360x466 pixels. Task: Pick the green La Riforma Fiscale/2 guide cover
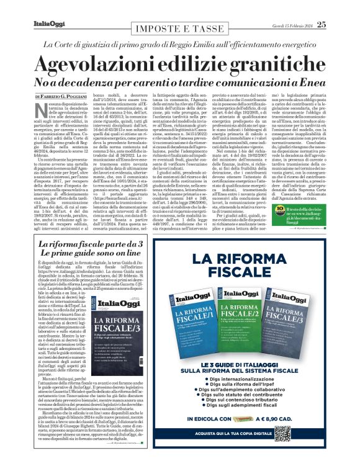[x=238, y=321]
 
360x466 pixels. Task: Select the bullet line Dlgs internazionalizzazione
[x=238, y=380]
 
